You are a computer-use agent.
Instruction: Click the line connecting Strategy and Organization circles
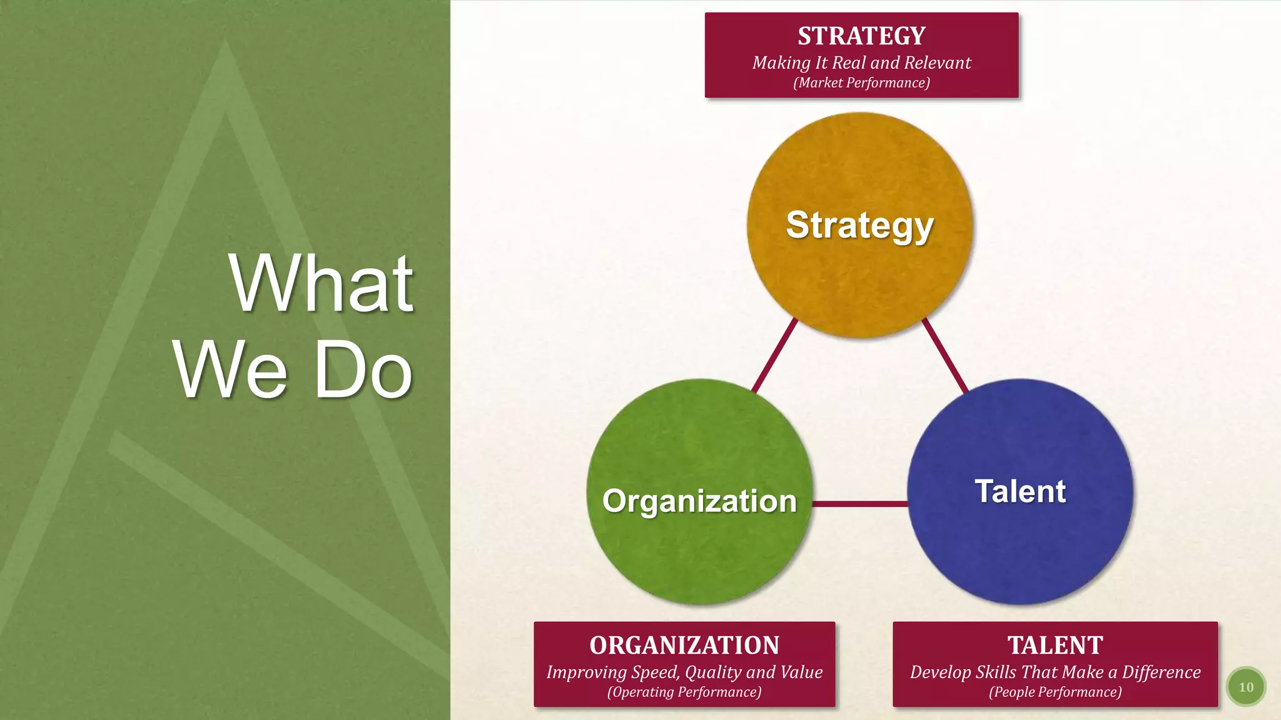[x=774, y=355]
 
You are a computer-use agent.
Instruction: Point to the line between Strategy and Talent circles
[x=945, y=355]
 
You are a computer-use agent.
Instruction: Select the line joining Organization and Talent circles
[x=860, y=503]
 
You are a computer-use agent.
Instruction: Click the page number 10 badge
[x=1246, y=687]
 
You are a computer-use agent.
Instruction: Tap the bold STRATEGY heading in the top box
[x=861, y=36]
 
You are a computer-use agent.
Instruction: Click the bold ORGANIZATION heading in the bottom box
[x=684, y=646]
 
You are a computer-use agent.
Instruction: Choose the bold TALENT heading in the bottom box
[x=1055, y=646]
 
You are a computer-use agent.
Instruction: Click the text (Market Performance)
[x=861, y=83]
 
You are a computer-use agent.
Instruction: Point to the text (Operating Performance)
[x=684, y=692]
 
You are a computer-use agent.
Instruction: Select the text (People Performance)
[x=1055, y=692]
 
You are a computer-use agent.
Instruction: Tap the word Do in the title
[x=363, y=370]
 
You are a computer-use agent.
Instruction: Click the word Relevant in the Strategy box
[x=937, y=62]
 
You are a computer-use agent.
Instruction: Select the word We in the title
[x=230, y=370]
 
